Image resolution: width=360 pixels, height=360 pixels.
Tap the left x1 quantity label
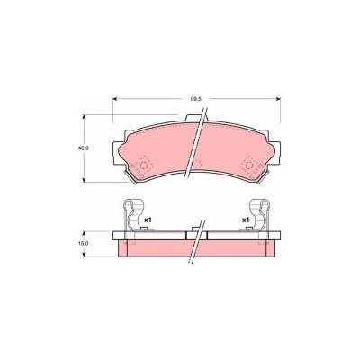[x=148, y=220]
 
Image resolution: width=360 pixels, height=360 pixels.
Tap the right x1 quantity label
[x=246, y=220]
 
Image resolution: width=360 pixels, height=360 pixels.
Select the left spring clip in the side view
[x=131, y=215]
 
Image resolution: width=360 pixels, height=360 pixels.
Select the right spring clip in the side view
[x=262, y=215]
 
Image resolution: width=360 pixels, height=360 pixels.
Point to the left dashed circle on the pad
[x=144, y=166]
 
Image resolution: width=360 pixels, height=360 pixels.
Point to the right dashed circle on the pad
[x=249, y=166]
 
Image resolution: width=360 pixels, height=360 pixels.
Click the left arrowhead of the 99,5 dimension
[x=114, y=99]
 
